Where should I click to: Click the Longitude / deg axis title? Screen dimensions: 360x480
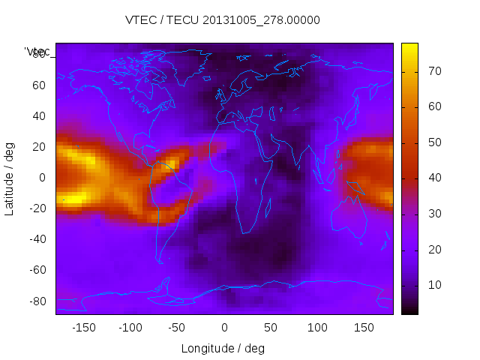pos(223,349)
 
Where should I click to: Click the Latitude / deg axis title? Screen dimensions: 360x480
pos(10,177)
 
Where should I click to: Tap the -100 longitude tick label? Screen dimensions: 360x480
pos(130,328)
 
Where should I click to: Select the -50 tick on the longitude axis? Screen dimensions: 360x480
pos(177,328)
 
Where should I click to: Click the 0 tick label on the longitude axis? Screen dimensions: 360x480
pos(224,328)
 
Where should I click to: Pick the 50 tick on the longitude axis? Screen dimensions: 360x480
pos(271,328)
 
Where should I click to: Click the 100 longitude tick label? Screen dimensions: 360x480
pos(317,328)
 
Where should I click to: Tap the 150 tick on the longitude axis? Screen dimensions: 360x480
pos(364,328)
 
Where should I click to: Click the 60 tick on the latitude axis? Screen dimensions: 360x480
pos(38,85)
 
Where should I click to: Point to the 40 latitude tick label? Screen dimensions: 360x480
pos(38,115)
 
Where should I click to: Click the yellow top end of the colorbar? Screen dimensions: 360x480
pos(409,46)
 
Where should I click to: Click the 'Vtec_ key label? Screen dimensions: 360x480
pos(37,52)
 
